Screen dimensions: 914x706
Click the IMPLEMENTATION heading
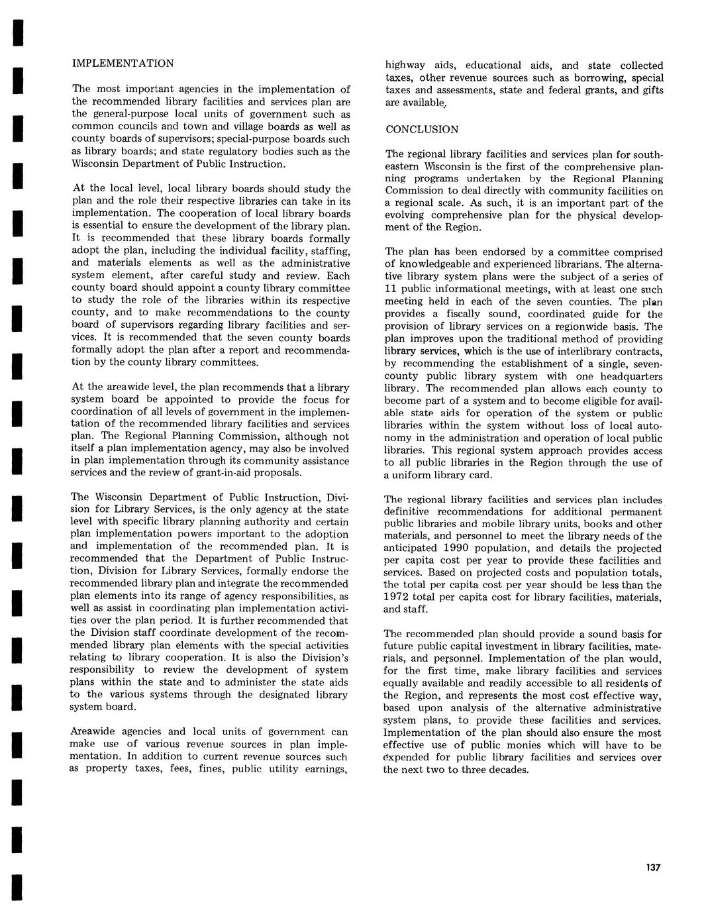123,64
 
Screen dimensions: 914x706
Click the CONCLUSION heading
422,129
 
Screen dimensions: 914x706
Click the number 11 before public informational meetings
391,289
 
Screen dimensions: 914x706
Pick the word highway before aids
406,66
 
